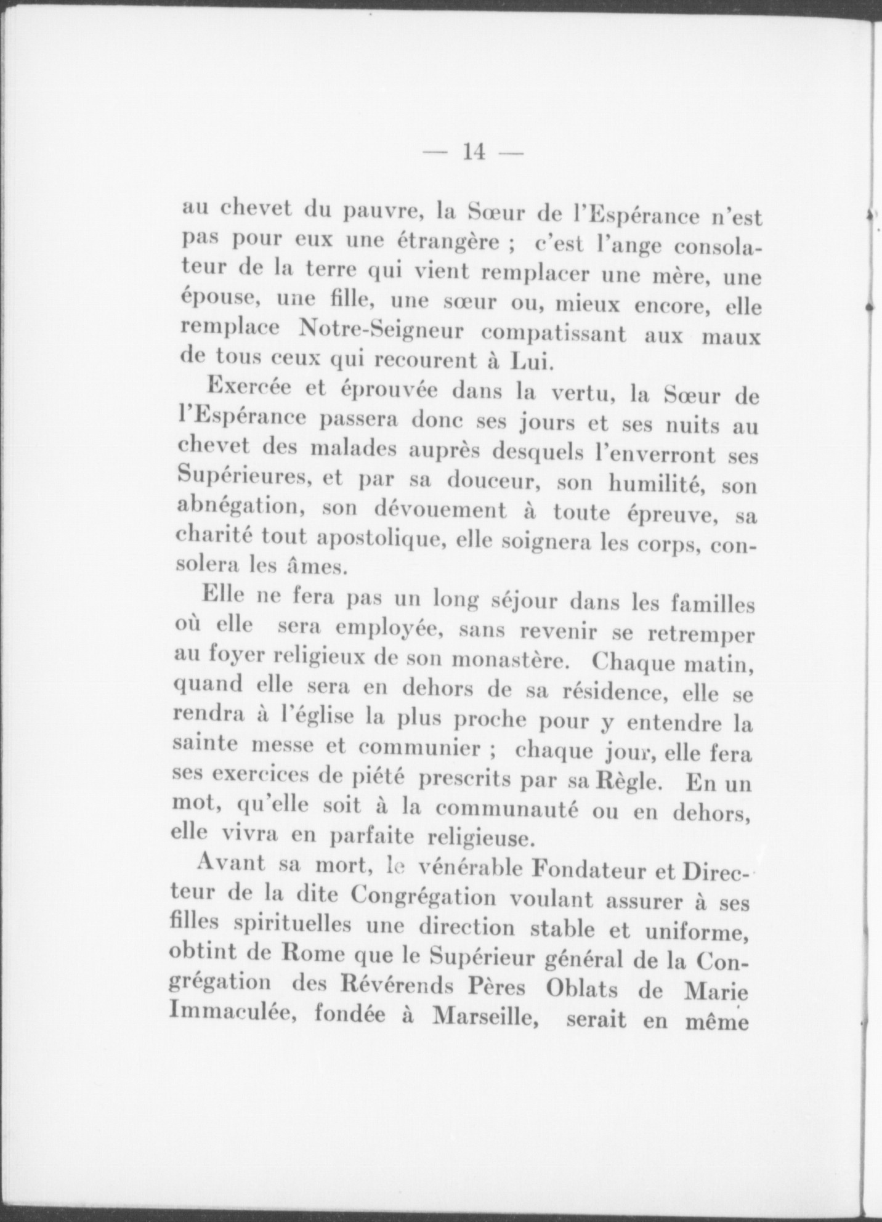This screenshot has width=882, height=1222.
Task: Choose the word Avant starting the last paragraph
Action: click(x=232, y=864)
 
